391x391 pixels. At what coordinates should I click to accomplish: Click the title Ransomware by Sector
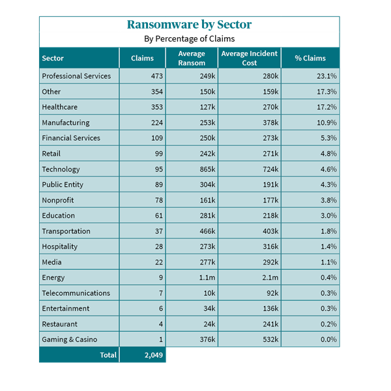(x=189, y=25)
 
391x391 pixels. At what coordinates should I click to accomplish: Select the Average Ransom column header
(x=191, y=58)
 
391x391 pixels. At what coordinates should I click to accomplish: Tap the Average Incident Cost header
(x=250, y=58)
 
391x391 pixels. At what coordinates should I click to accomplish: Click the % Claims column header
(x=310, y=58)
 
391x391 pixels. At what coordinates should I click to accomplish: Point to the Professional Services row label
(x=76, y=76)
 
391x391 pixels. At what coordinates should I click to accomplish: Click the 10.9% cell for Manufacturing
(x=326, y=123)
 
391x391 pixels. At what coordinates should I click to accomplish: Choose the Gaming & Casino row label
(x=69, y=340)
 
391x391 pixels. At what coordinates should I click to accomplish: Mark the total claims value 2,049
(x=144, y=355)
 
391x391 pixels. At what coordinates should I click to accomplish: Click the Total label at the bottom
(x=108, y=355)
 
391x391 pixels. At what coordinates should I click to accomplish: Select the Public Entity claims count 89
(x=149, y=184)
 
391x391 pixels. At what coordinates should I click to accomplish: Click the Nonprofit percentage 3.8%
(x=328, y=200)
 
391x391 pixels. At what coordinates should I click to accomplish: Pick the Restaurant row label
(x=59, y=324)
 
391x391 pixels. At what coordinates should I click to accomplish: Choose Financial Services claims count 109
(x=147, y=138)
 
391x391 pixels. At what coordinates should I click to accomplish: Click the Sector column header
(x=53, y=58)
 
